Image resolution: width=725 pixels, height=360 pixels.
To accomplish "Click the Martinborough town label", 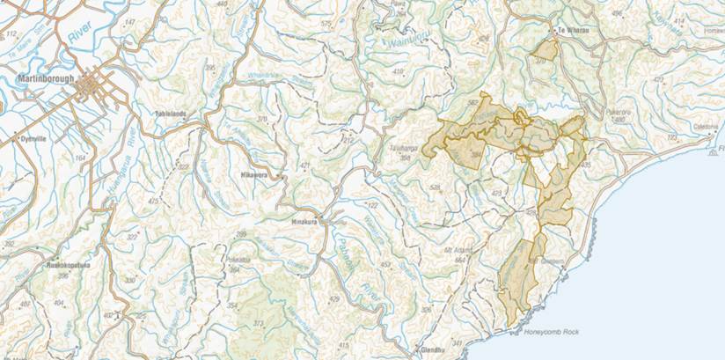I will click(42, 77).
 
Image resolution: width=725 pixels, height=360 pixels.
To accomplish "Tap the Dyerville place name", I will click(33, 138).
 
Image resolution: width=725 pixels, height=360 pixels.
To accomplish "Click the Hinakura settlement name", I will click(307, 222).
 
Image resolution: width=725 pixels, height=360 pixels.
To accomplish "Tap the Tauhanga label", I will click(401, 149).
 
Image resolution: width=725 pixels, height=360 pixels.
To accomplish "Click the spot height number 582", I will click(473, 103).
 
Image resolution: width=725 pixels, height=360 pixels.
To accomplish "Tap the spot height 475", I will click(154, 202).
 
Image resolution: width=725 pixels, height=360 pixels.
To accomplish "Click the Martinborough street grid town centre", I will click(92, 87).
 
